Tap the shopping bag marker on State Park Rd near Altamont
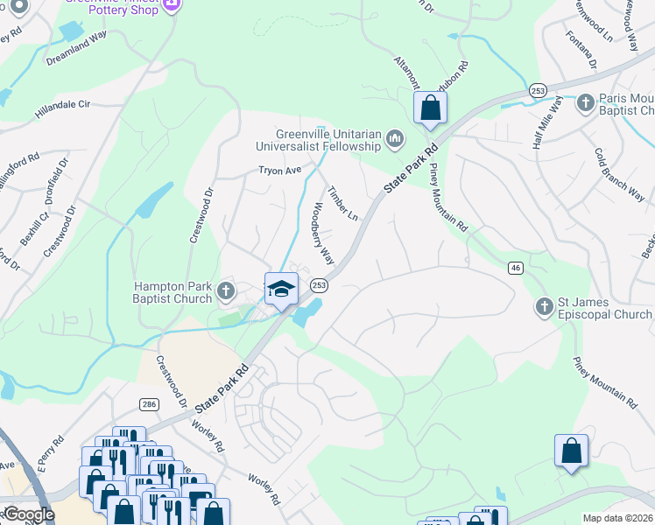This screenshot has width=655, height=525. pos(430,108)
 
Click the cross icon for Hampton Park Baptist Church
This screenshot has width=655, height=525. pos(226,290)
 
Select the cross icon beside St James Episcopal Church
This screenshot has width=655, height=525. pos(545,306)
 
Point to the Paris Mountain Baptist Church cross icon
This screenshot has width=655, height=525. pos(586,102)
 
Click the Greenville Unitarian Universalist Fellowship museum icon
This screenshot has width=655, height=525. pos(396,137)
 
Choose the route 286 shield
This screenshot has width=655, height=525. pos(147,402)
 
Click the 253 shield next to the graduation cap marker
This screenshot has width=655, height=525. pos(320,284)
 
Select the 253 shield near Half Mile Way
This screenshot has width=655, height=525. pos(537,90)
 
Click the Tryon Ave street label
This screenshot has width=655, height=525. pos(279,171)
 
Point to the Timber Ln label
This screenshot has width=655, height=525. pos(342,203)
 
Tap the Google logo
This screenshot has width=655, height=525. pos(28,514)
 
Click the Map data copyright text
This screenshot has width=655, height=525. pos(616,518)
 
